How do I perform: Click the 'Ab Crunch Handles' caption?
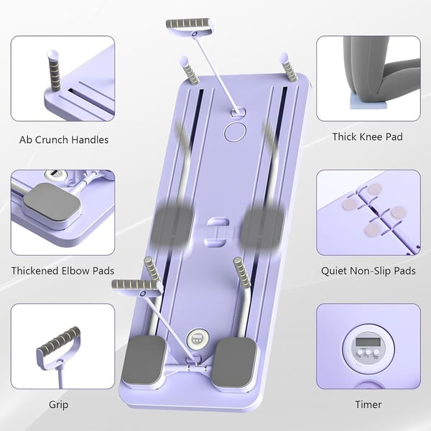point(64,139)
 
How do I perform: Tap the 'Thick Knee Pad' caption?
point(367,136)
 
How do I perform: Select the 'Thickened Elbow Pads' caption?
point(63,271)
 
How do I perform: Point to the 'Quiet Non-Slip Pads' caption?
point(369,271)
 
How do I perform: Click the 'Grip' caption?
point(58,404)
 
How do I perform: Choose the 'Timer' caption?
point(368,404)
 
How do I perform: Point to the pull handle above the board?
point(190,27)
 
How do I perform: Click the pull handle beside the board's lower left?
point(134,286)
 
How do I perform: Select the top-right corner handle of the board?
point(289,68)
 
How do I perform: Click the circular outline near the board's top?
point(234,131)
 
